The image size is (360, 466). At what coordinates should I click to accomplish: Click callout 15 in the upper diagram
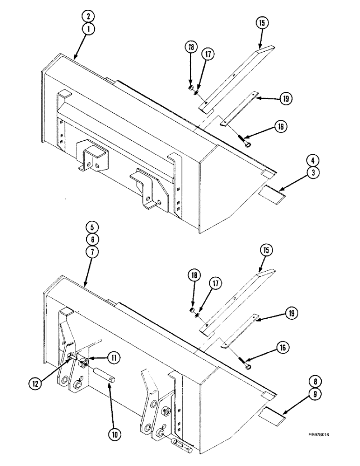261,23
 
